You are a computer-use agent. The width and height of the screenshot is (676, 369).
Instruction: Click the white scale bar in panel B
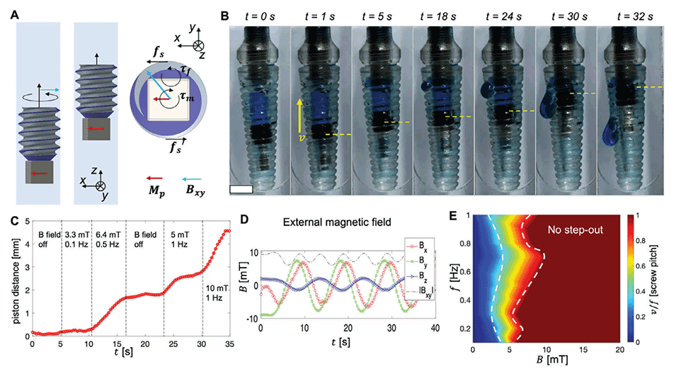click(x=242, y=190)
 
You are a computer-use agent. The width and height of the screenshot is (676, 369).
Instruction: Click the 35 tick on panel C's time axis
click(x=230, y=346)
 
